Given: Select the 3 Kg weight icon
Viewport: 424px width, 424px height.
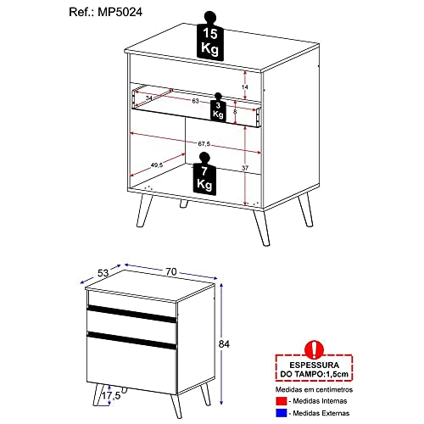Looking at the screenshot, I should [219, 108].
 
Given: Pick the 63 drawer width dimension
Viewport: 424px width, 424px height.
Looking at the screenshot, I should [196, 100].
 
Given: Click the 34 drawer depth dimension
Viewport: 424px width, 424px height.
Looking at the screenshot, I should [149, 99].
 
